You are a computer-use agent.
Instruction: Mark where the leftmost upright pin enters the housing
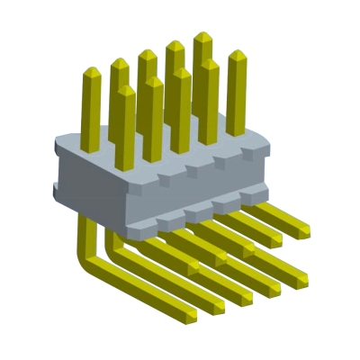click(91, 146)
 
